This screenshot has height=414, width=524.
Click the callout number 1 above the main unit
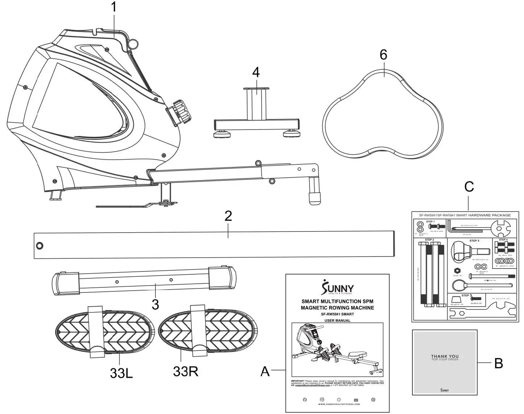pyautogui.click(x=114, y=7)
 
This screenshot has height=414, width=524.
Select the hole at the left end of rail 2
pyautogui.click(x=39, y=246)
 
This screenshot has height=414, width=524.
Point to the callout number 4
pyautogui.click(x=256, y=72)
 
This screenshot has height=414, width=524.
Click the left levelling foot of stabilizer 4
pyautogui.click(x=221, y=135)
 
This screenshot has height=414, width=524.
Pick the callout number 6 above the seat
pyautogui.click(x=383, y=55)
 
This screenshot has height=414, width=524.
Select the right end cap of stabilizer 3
pyautogui.click(x=222, y=278)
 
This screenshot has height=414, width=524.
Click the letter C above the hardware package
pyautogui.click(x=469, y=187)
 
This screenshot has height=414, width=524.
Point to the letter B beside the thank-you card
pyautogui.click(x=499, y=363)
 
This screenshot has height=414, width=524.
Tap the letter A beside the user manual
pyautogui.click(x=265, y=372)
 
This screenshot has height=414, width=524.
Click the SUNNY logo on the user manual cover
pyautogui.click(x=337, y=288)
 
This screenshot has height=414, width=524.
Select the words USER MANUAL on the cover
pyautogui.click(x=337, y=321)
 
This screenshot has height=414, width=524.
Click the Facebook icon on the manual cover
pyautogui.click(x=305, y=399)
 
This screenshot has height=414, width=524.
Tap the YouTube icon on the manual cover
pyautogui.click(x=356, y=399)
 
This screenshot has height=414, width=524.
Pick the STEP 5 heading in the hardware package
pyautogui.click(x=474, y=241)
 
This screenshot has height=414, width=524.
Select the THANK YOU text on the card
pyautogui.click(x=445, y=356)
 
